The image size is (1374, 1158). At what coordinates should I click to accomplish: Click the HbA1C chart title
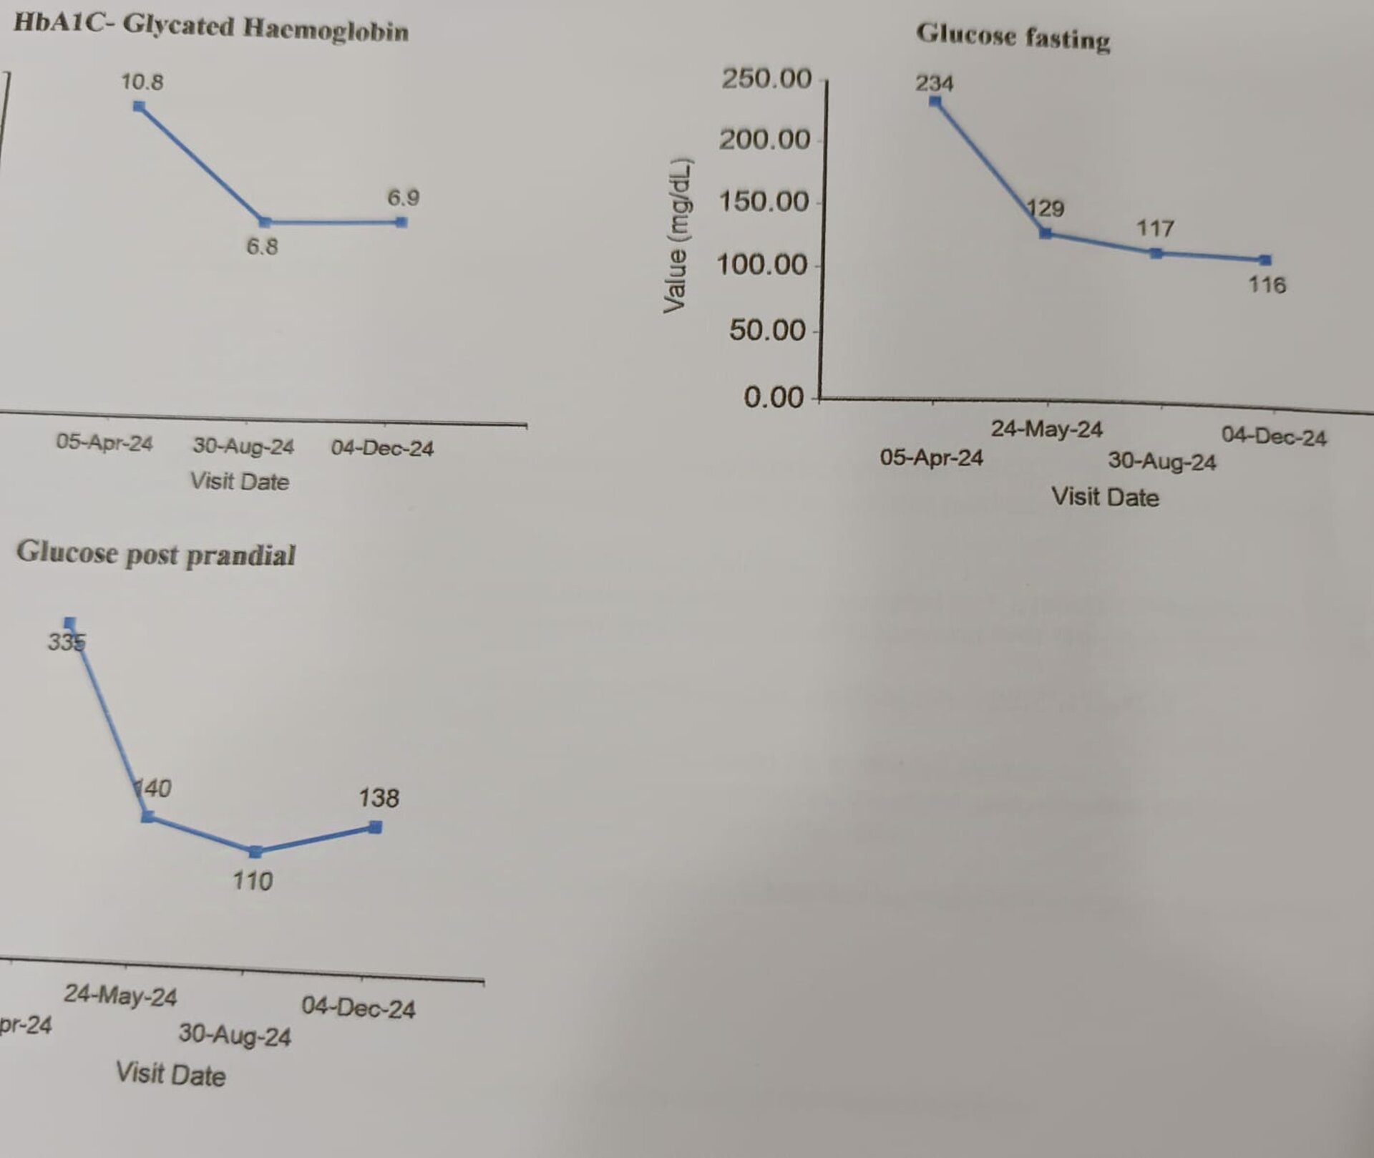point(211,28)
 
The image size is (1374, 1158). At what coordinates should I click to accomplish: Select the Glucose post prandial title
point(156,554)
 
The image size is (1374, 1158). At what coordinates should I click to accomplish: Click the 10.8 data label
point(142,82)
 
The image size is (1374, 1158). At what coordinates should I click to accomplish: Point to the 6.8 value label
point(262,247)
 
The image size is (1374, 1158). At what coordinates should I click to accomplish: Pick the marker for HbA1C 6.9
point(401,222)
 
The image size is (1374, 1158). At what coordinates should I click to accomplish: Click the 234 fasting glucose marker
point(935,101)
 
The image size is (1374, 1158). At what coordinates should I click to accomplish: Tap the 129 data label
point(1046,209)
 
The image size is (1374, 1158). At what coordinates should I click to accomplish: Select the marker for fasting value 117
point(1156,253)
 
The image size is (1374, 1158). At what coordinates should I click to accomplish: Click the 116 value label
point(1267,285)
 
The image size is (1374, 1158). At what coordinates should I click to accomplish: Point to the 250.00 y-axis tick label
point(766,78)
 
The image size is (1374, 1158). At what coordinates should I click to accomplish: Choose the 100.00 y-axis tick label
point(761,265)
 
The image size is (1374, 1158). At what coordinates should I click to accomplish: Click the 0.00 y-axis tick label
point(774,396)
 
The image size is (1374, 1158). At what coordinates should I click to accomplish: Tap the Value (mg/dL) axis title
point(676,235)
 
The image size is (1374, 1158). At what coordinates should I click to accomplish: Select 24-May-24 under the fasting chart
point(1046,429)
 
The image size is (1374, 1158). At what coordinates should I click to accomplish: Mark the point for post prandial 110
point(255,852)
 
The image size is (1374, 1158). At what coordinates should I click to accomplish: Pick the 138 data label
point(379,798)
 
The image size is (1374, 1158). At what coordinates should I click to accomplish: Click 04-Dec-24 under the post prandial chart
point(358,1008)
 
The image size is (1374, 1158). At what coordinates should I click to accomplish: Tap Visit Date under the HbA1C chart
point(239,481)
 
